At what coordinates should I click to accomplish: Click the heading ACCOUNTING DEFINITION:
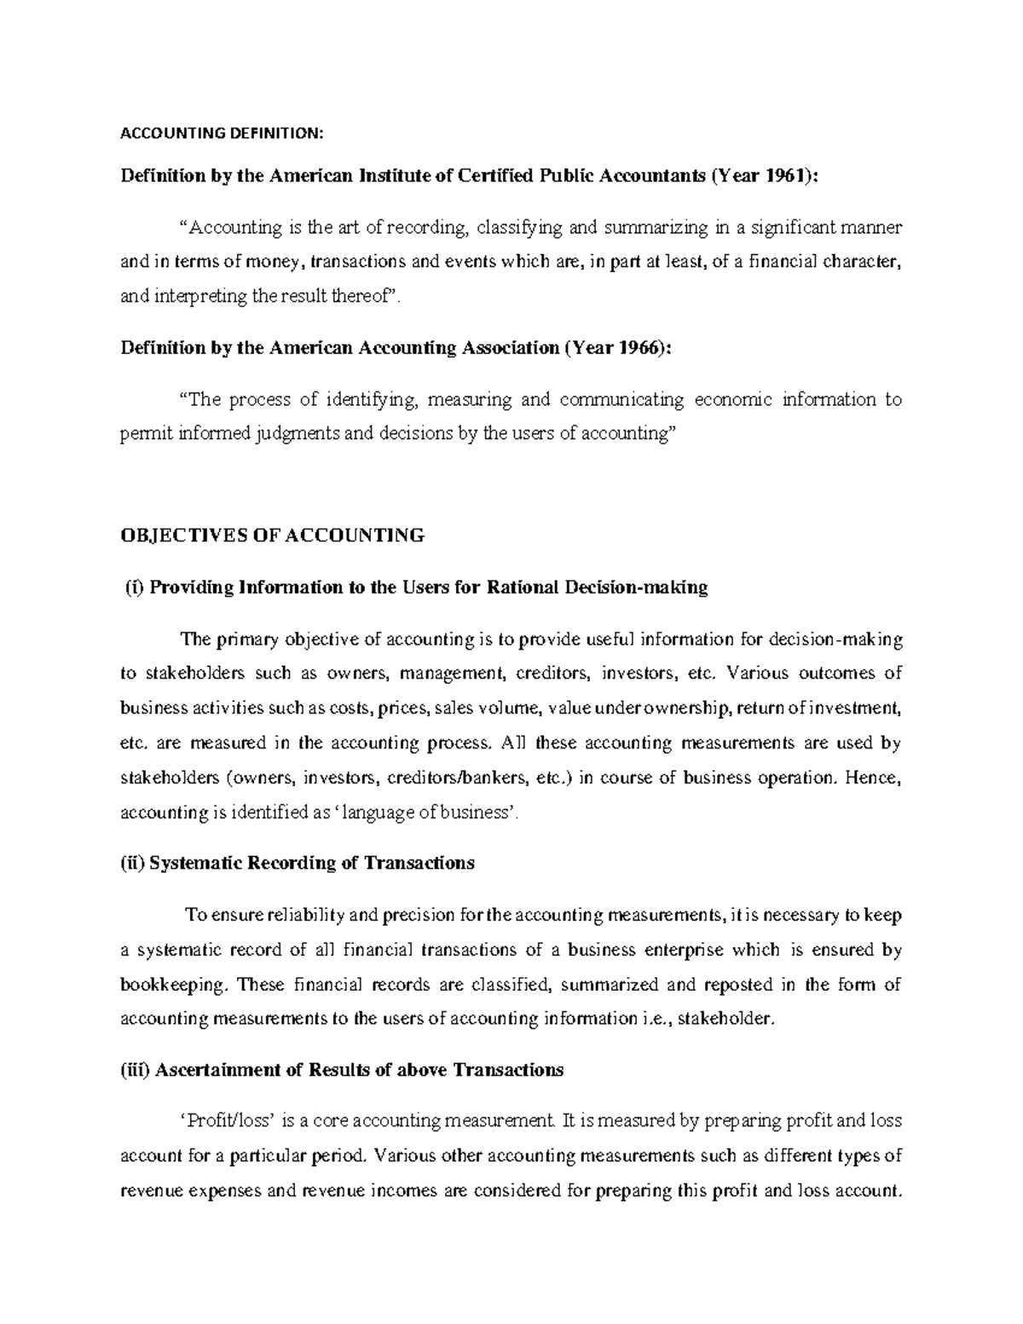(222, 133)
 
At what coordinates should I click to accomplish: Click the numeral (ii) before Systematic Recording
(133, 863)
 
